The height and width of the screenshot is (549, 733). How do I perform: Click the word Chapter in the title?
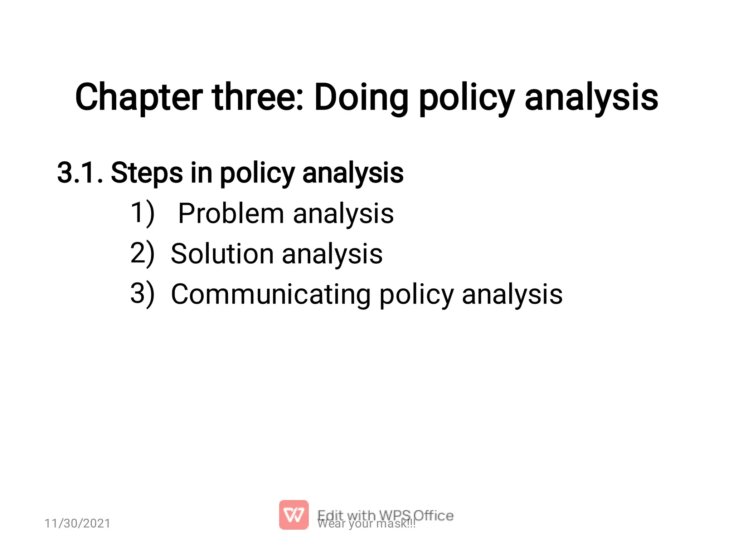pyautogui.click(x=139, y=97)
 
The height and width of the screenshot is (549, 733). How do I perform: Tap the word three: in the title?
pyautogui.click(x=258, y=97)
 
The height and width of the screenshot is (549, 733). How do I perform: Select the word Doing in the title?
pyautogui.click(x=361, y=97)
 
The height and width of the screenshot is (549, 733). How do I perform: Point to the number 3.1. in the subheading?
pyautogui.click(x=81, y=173)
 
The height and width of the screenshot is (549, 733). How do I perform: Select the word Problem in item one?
pyautogui.click(x=231, y=214)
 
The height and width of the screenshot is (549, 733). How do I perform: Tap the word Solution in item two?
pyautogui.click(x=222, y=254)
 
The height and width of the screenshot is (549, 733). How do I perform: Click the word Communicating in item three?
pyautogui.click(x=271, y=294)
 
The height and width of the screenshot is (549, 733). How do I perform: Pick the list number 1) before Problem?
pyautogui.click(x=142, y=214)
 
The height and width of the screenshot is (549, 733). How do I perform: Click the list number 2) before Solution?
pyautogui.click(x=142, y=254)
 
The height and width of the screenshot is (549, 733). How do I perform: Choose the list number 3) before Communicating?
pyautogui.click(x=142, y=294)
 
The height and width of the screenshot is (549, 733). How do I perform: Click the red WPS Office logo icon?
pyautogui.click(x=293, y=515)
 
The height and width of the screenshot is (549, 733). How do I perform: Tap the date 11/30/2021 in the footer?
pyautogui.click(x=77, y=523)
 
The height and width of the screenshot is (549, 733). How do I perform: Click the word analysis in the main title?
pyautogui.click(x=591, y=97)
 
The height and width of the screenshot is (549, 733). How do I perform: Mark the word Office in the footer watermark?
pyautogui.click(x=434, y=515)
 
